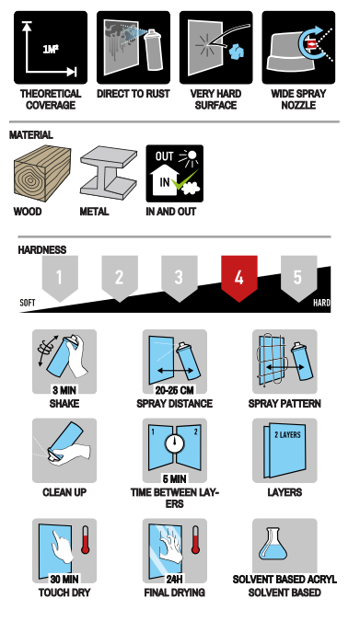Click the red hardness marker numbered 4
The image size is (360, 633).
pyautogui.click(x=238, y=278)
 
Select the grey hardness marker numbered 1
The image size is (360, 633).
pyautogui.click(x=60, y=278)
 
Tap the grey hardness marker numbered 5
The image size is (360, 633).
pyautogui.click(x=298, y=278)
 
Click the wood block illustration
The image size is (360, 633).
pyautogui.click(x=42, y=174)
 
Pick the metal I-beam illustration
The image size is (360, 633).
pyautogui.click(x=109, y=173)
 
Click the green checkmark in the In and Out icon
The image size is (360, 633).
pyautogui.click(x=184, y=179)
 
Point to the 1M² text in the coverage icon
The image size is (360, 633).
pyautogui.click(x=51, y=50)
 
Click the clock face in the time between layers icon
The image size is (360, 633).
pyautogui.click(x=175, y=443)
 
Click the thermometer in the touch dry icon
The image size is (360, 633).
pyautogui.click(x=86, y=539)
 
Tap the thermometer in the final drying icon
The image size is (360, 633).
pyautogui.click(x=195, y=539)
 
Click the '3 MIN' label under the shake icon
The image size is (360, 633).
pyautogui.click(x=64, y=390)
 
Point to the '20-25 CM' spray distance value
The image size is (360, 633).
pyautogui.click(x=175, y=390)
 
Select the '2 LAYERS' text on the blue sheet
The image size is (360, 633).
pyautogui.click(x=287, y=435)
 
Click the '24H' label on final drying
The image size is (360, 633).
pyautogui.click(x=175, y=580)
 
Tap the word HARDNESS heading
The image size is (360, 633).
pyautogui.click(x=42, y=250)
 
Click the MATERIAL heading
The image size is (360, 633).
pyautogui.click(x=31, y=135)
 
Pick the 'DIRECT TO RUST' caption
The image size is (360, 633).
pyautogui.click(x=134, y=94)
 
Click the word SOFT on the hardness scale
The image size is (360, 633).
pyautogui.click(x=28, y=303)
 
